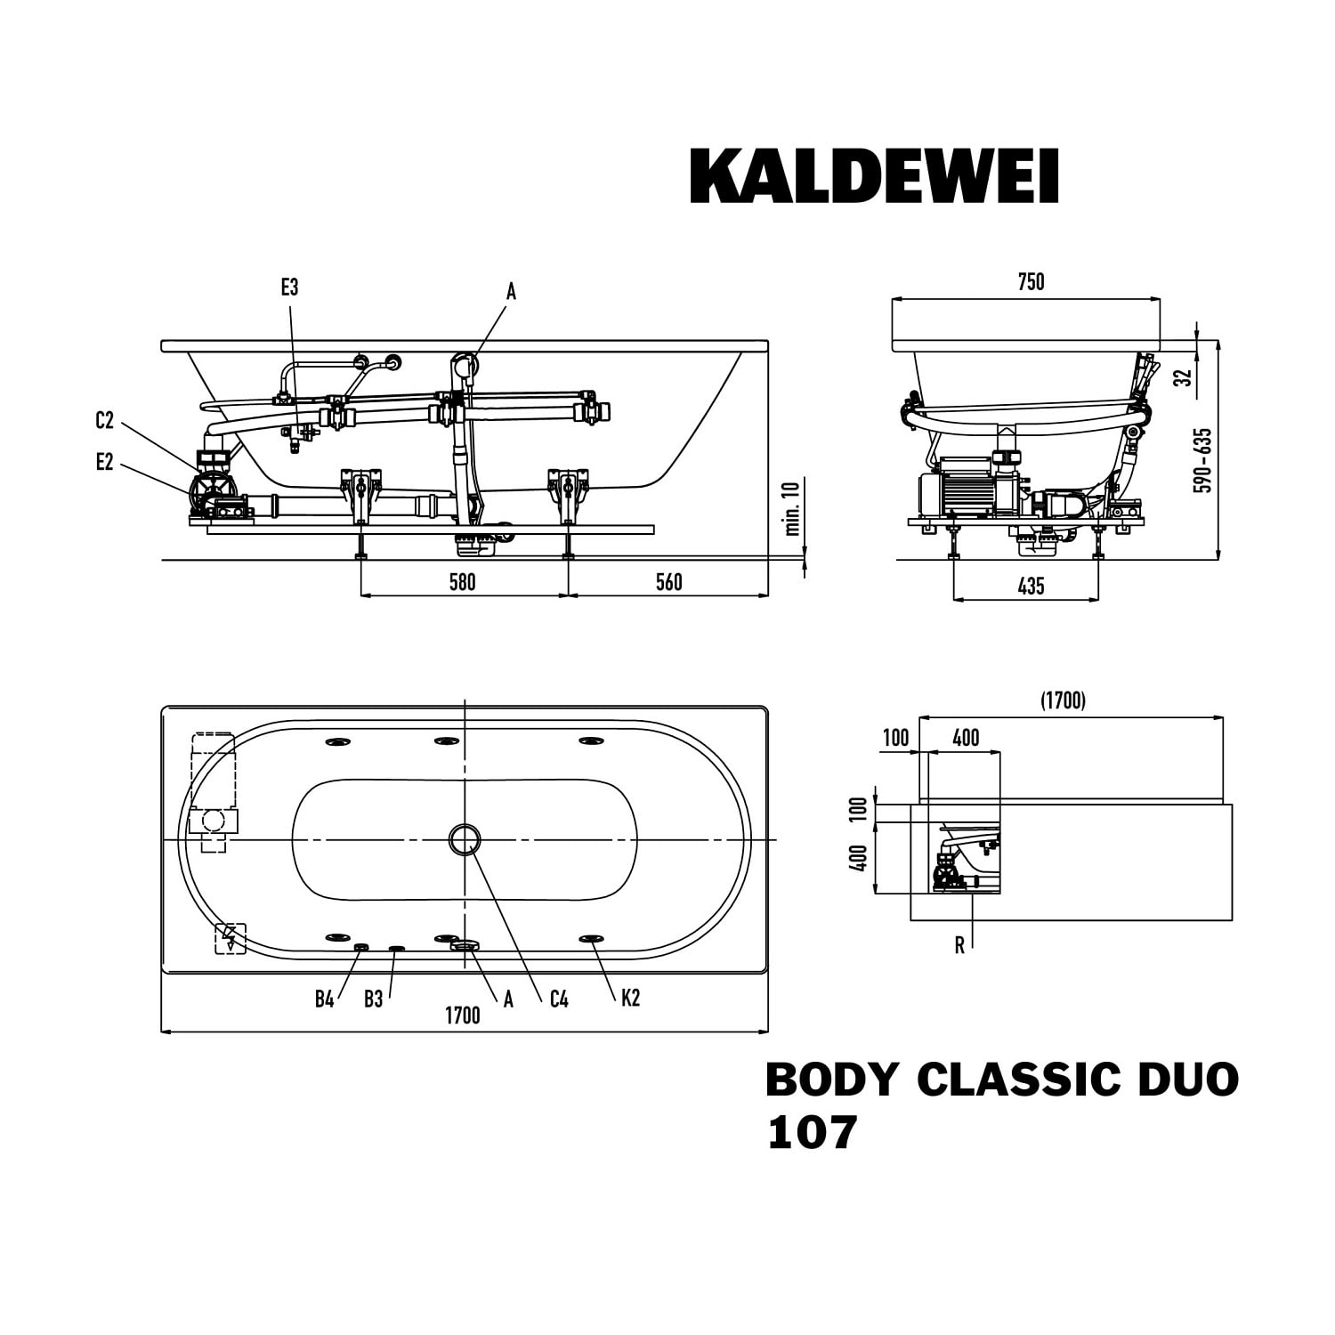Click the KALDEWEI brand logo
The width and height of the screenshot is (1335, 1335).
(x=874, y=176)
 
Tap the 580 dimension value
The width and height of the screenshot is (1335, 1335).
(x=463, y=582)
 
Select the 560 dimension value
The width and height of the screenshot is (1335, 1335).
(x=668, y=582)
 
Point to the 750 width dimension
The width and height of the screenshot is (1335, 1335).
(x=1031, y=282)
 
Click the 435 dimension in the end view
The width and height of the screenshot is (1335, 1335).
(x=1031, y=586)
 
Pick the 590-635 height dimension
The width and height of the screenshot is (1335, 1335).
(x=1204, y=460)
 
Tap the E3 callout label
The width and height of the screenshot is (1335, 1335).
(x=289, y=287)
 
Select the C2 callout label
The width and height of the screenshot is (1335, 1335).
(x=105, y=421)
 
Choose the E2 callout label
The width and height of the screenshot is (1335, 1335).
(x=105, y=462)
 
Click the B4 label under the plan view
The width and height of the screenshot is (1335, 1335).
(x=324, y=999)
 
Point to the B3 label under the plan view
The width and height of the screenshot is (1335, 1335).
(x=373, y=999)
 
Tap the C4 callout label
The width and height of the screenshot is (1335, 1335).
(x=559, y=999)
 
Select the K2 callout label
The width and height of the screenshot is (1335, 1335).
(x=630, y=998)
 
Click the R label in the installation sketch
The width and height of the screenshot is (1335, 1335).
(x=959, y=946)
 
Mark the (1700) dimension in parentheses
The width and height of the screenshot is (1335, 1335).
(x=1064, y=701)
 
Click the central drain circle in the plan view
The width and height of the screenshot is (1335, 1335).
(x=465, y=839)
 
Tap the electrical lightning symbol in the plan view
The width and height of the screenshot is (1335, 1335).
(x=231, y=939)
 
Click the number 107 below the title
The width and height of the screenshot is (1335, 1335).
(x=812, y=1132)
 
